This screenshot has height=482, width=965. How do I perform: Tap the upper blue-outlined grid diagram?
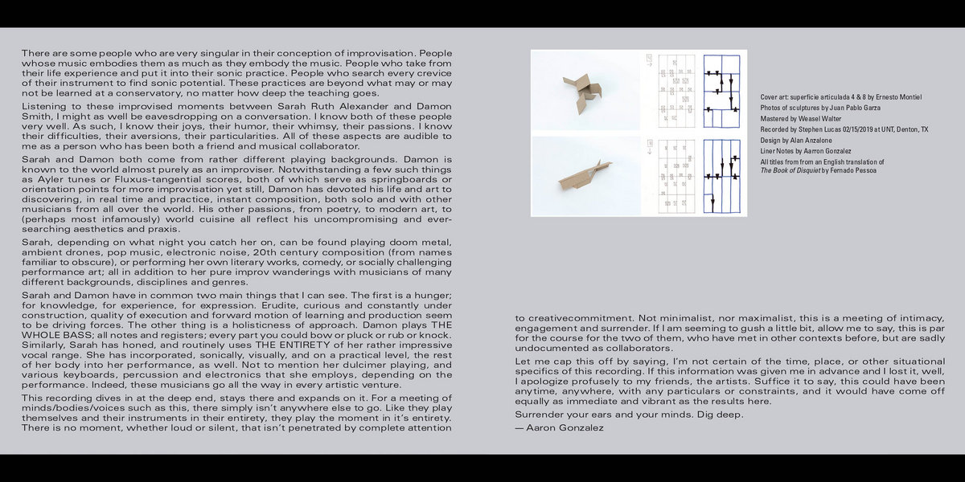(x=724, y=91)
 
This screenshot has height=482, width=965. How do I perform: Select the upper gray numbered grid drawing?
(x=675, y=91)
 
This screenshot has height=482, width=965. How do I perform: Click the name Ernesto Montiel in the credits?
(x=898, y=97)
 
